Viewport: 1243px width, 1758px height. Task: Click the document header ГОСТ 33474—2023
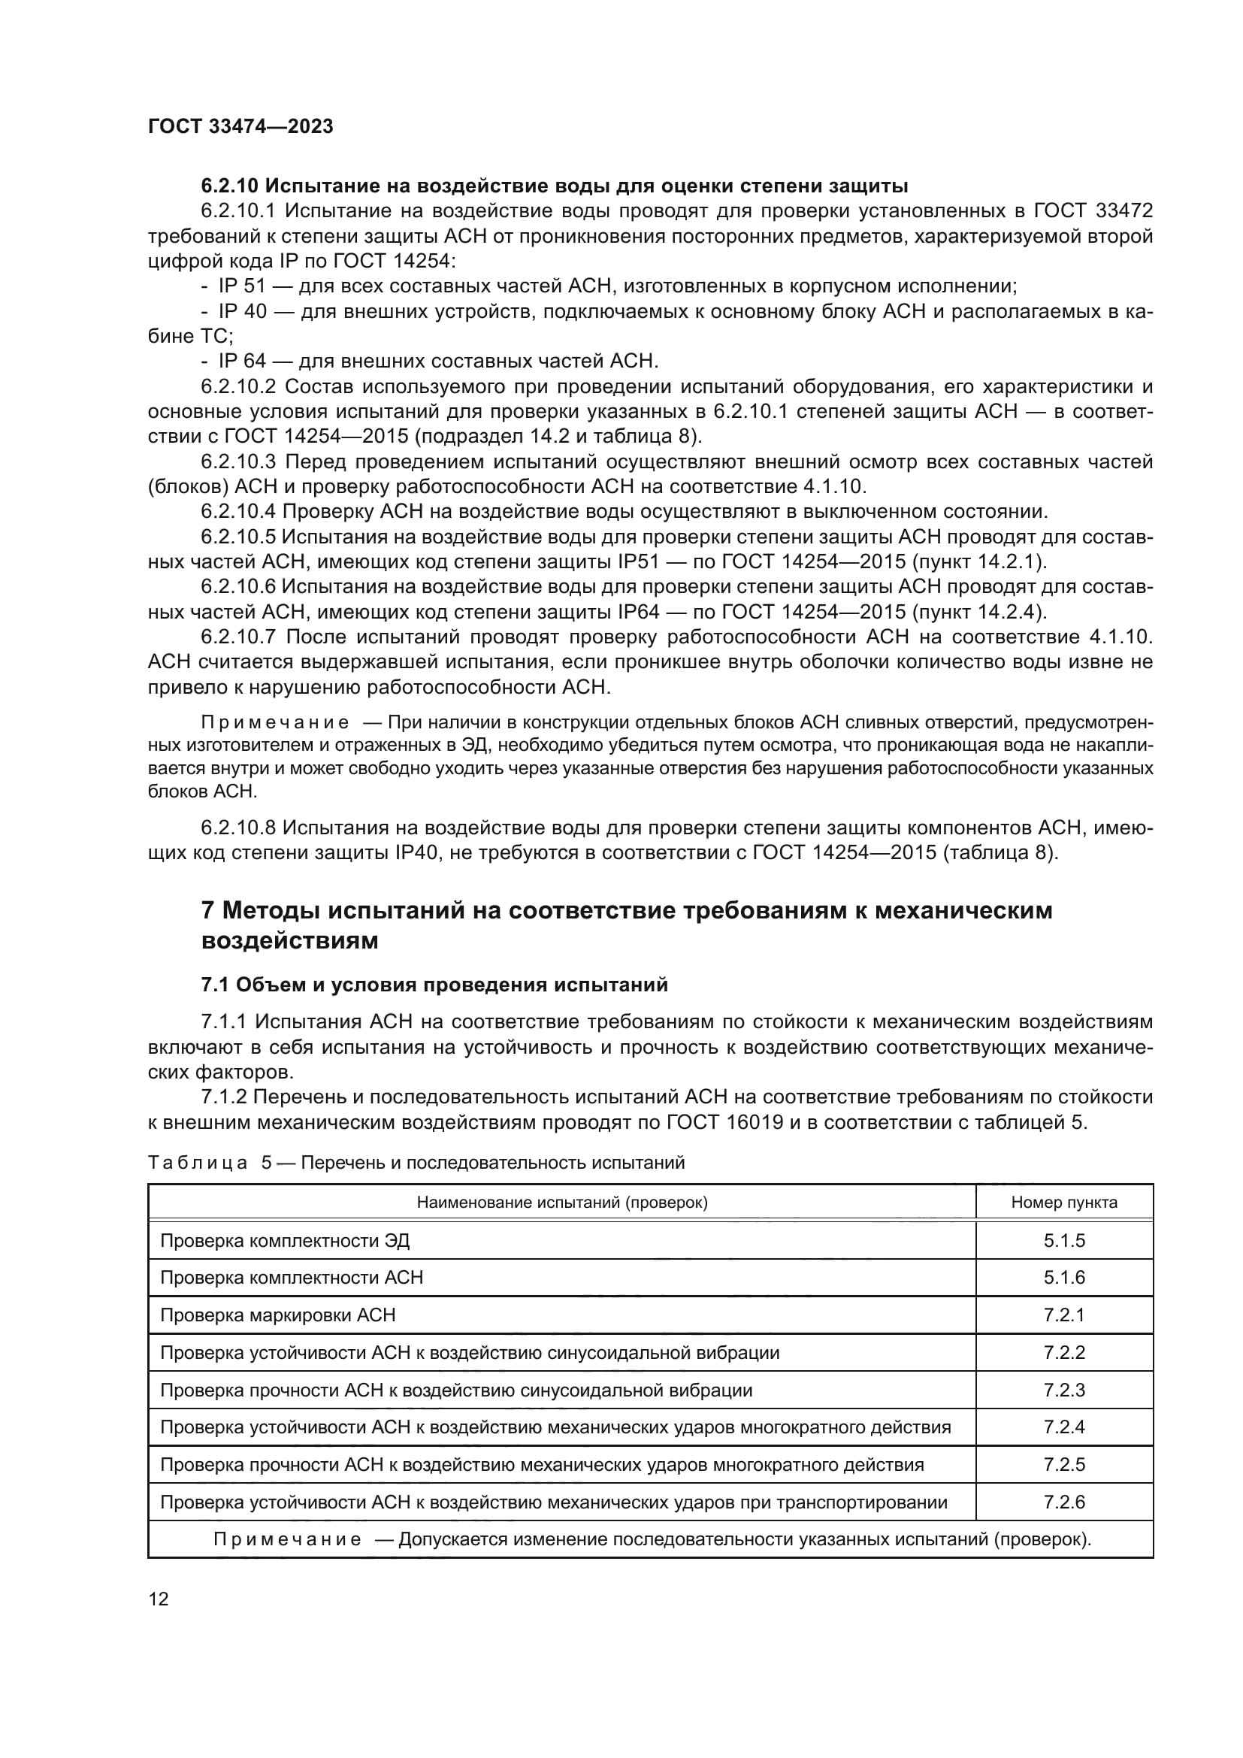click(x=240, y=127)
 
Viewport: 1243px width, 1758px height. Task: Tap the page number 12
click(x=159, y=1599)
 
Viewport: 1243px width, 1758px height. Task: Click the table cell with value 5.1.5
click(x=1064, y=1240)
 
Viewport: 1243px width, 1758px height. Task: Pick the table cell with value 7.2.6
click(x=1064, y=1502)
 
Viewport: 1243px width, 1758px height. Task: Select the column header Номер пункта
click(x=1064, y=1202)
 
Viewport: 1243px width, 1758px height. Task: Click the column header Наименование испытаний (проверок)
click(x=562, y=1202)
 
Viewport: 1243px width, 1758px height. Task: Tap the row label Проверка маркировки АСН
click(x=278, y=1315)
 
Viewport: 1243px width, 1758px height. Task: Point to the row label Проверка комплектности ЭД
click(x=285, y=1240)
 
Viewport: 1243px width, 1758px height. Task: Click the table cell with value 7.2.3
click(x=1064, y=1390)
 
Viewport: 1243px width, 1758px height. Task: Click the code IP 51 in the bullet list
click(x=242, y=286)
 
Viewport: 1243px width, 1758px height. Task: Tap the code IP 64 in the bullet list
click(x=242, y=361)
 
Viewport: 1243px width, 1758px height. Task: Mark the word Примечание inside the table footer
click(x=287, y=1540)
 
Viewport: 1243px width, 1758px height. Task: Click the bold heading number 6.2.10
click(x=230, y=186)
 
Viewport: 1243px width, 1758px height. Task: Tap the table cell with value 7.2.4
click(x=1064, y=1427)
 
